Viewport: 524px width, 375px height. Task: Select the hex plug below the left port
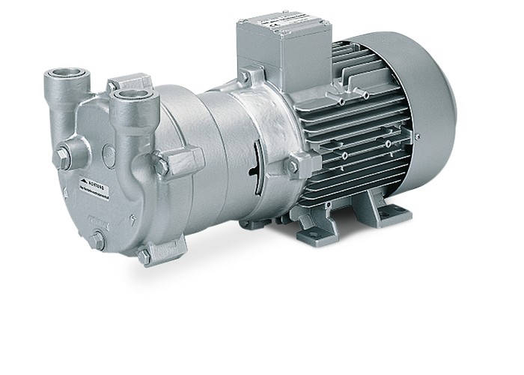point(64,157)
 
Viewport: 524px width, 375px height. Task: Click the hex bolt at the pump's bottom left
point(97,241)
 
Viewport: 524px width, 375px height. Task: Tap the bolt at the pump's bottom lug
point(144,256)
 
